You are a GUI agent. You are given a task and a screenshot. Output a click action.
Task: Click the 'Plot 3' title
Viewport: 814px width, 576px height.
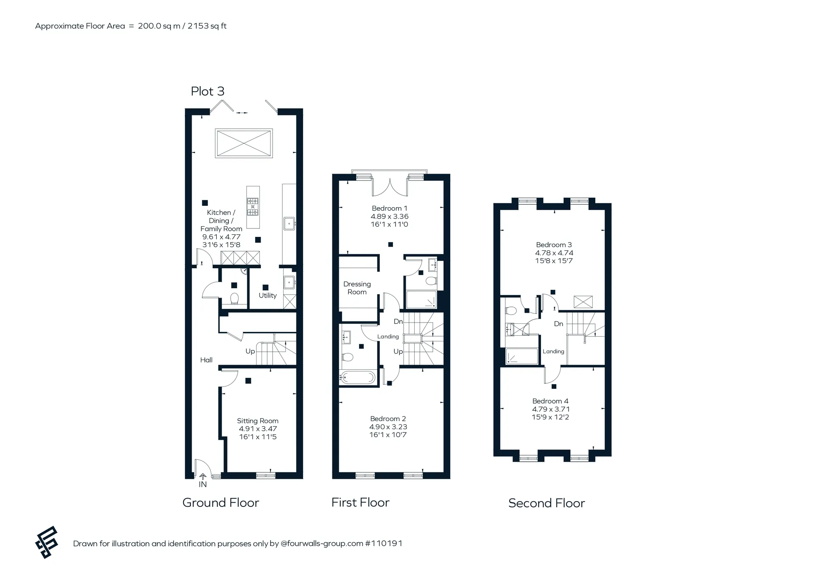tap(207, 91)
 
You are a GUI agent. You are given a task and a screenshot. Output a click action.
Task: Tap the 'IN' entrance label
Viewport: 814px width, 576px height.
tap(203, 484)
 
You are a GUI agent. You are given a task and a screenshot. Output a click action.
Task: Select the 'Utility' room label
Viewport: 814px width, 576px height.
tap(268, 295)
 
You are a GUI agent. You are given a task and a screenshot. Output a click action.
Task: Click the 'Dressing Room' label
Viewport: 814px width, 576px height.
tap(357, 288)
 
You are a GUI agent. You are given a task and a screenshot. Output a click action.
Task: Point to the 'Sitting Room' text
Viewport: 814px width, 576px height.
tap(258, 421)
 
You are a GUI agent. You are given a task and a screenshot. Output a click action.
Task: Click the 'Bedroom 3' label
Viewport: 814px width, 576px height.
tap(554, 244)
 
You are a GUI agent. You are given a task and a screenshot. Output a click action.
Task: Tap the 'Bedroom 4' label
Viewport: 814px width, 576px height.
tap(550, 401)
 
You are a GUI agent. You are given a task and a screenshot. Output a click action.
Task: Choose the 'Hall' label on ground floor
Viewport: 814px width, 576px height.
tap(206, 360)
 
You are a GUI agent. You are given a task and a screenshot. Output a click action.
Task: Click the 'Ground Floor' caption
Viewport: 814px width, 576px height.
tap(220, 503)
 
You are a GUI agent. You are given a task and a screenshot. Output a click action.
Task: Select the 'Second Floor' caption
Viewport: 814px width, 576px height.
tap(546, 503)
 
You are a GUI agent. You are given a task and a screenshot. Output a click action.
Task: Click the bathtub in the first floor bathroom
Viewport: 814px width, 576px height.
tap(358, 377)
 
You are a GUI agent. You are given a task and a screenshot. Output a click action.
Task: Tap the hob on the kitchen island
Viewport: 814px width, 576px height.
tap(253, 207)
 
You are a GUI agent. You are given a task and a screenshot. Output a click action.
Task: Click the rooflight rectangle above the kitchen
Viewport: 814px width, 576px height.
tap(244, 143)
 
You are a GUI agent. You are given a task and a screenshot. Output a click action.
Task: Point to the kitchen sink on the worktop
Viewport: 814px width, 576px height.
tap(290, 223)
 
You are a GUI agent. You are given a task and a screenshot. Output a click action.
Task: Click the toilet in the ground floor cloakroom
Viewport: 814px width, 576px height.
tap(234, 298)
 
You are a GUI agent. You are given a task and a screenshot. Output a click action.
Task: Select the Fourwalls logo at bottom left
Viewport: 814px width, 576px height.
tap(46, 542)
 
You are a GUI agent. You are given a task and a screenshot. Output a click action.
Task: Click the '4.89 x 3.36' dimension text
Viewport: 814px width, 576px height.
tap(390, 216)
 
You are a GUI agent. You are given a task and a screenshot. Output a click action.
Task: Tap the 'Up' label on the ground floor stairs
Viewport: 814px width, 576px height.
tap(250, 351)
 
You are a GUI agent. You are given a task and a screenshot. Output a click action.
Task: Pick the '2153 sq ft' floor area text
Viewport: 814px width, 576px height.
tap(207, 26)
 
